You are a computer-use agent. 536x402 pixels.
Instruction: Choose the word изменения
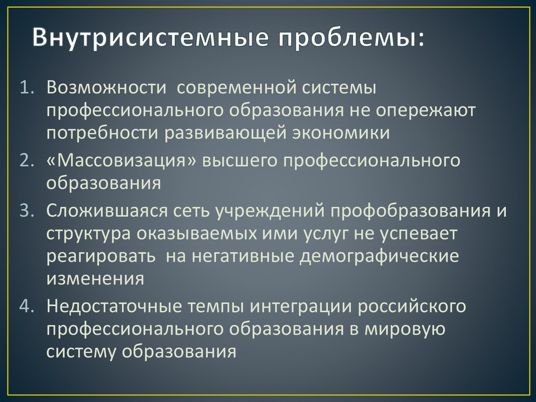95,278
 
